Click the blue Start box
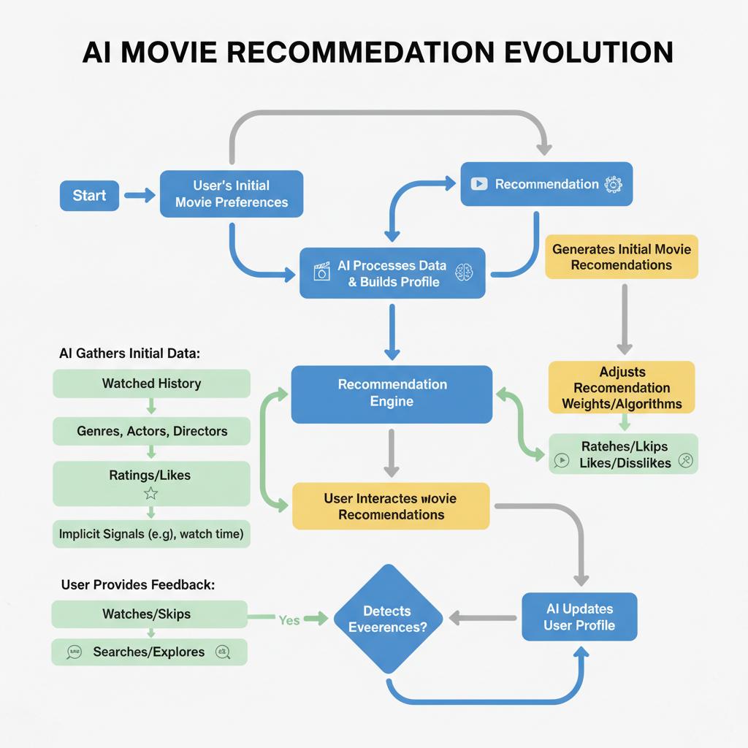[x=89, y=196]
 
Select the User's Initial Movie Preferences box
[x=231, y=194]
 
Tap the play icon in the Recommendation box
[x=479, y=184]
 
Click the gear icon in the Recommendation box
[x=613, y=184]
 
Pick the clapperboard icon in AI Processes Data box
[x=321, y=272]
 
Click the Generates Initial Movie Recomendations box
[x=621, y=256]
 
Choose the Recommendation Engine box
[x=392, y=394]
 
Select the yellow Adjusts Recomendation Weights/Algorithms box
[x=621, y=387]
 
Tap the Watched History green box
[x=151, y=383]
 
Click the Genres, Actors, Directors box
[x=151, y=431]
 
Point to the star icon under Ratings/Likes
[x=151, y=493]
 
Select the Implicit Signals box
[x=151, y=534]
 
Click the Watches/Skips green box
[x=150, y=614]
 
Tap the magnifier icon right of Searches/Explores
[x=224, y=652]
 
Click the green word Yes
[x=289, y=619]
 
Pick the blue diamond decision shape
[x=389, y=619]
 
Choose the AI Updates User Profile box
[x=579, y=617]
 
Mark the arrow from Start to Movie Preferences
[x=140, y=195]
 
